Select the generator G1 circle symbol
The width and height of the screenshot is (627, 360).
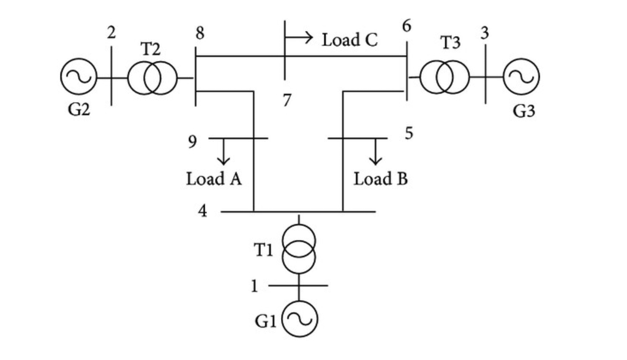click(x=299, y=318)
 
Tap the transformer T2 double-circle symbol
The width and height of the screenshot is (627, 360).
click(x=152, y=78)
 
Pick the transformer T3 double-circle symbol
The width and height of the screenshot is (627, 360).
click(x=445, y=78)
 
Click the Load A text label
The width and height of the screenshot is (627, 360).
click(x=214, y=179)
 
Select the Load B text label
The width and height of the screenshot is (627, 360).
click(x=381, y=179)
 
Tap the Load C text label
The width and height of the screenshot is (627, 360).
click(x=350, y=40)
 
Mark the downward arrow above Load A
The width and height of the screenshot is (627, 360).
click(x=223, y=152)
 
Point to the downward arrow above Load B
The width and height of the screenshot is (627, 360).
click(x=375, y=152)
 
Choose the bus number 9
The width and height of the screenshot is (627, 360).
click(x=193, y=142)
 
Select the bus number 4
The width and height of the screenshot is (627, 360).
click(x=202, y=211)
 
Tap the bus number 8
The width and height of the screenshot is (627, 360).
click(x=200, y=34)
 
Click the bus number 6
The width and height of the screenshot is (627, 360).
click(x=407, y=27)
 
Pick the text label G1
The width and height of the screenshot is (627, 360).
click(x=265, y=321)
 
